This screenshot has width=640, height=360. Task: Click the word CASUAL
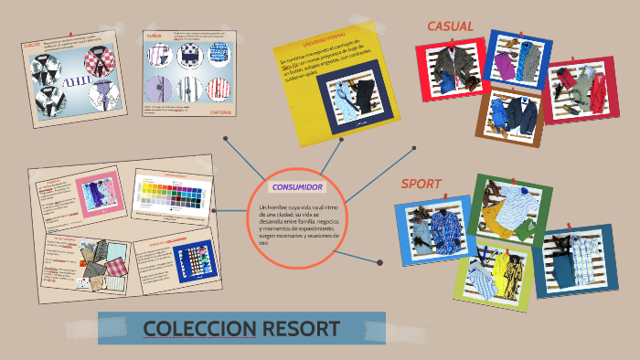coord(450,26)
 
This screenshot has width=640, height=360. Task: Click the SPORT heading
coord(421,184)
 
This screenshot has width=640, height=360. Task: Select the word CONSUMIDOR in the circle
coord(296,186)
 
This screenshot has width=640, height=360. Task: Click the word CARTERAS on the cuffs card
coord(220,112)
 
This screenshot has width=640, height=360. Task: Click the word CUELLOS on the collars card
coord(31,44)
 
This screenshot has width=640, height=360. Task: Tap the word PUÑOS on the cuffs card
coord(153,37)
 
